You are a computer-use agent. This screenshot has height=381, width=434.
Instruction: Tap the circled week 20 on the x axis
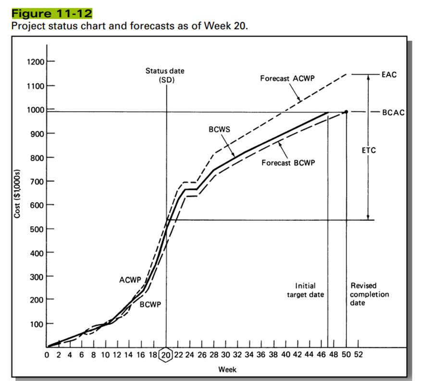coord(166,355)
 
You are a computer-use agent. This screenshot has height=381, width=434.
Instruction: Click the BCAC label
coord(393,113)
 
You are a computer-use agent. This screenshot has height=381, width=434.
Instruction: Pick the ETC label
coord(369,150)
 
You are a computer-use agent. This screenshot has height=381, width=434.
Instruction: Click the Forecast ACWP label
coord(287,78)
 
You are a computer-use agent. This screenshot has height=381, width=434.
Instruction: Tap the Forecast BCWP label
coord(288,163)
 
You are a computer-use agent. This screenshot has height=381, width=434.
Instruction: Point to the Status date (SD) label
coord(165,76)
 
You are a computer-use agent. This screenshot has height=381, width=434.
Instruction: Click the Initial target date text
coord(305,290)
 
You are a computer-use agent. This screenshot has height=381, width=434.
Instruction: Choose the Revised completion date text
coord(369,294)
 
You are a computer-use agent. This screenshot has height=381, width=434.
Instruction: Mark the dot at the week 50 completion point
coord(346,112)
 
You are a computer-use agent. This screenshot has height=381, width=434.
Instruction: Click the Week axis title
coord(227,369)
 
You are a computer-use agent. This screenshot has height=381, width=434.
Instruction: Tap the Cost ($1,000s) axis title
coord(18,194)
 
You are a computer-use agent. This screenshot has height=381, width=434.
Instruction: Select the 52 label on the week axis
coord(359,355)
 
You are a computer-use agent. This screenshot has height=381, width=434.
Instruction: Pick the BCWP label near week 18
coord(150,305)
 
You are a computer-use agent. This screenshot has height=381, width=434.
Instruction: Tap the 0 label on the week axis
coord(47,355)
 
